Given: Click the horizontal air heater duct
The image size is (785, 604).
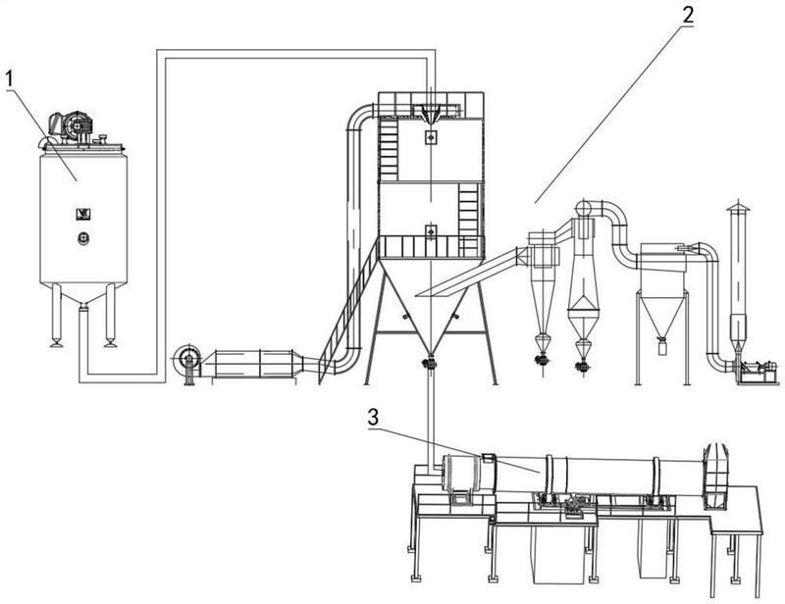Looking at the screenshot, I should [257, 362].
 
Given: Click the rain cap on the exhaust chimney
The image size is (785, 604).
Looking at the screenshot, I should [736, 208].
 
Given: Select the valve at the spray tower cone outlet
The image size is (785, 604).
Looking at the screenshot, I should [429, 364].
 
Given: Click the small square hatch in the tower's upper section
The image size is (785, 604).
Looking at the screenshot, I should [430, 138].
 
